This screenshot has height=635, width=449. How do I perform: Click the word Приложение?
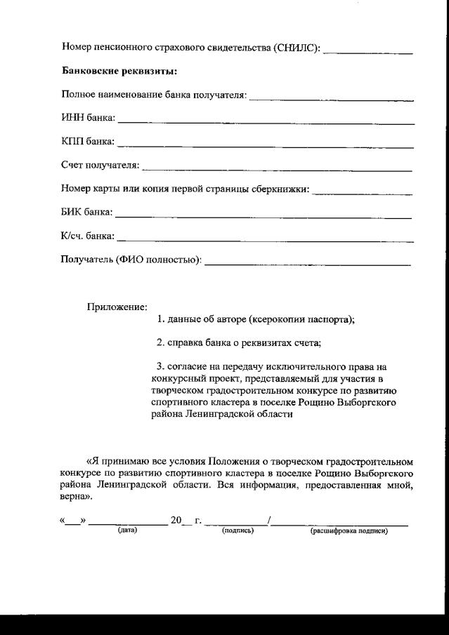pos(117,307)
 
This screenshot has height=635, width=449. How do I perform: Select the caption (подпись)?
pos(237,530)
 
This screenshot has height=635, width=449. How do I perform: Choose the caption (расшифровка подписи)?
pos(349,530)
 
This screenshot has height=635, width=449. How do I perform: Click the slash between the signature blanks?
pos(270,521)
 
